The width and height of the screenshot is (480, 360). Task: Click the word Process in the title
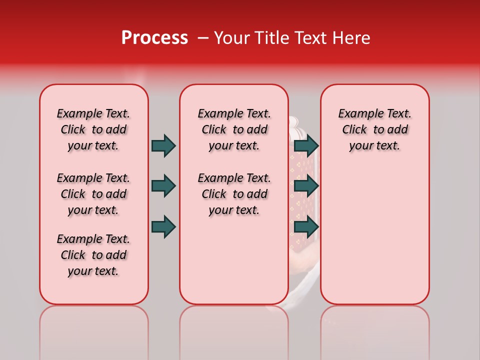(154, 38)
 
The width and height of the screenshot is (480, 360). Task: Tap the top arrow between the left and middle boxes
(163, 145)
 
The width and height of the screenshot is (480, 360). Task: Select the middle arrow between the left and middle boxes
(163, 186)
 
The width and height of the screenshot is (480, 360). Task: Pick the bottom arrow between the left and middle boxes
(163, 226)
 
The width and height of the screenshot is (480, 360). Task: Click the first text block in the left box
(93, 129)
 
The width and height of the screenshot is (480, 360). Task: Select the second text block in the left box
(93, 194)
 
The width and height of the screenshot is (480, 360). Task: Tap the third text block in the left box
(93, 255)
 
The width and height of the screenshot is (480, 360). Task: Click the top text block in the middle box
(234, 129)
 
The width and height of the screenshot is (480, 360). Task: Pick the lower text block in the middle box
(234, 194)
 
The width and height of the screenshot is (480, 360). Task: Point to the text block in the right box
(374, 129)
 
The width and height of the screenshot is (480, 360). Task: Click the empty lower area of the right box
(374, 235)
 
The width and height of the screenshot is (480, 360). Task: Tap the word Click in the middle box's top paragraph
(214, 130)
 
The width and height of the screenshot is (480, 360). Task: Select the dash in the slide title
(203, 38)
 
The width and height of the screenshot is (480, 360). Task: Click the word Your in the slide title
(231, 38)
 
